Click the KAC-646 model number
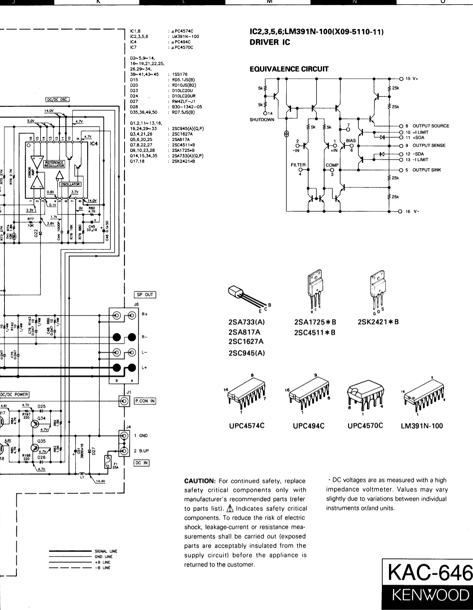coord(430,574)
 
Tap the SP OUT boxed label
coord(145,295)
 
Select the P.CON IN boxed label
coord(145,401)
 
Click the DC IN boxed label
coord(141,463)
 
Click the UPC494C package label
coord(309,426)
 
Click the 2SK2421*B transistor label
coord(378,322)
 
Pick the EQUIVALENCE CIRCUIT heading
coord(289,69)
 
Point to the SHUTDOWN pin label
coord(262,119)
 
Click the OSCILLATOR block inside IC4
coord(70,184)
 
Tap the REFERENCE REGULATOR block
coord(54,164)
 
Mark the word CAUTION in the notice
coord(200,481)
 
